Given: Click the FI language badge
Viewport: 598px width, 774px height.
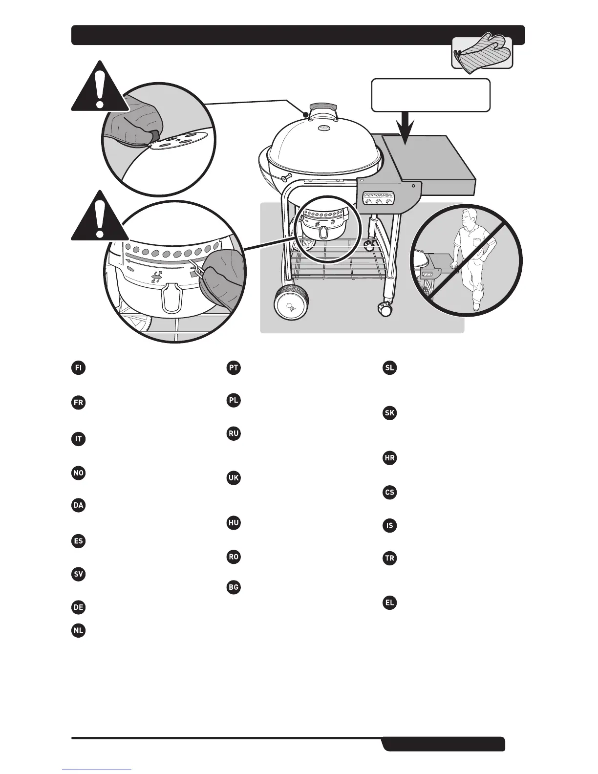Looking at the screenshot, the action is click(x=78, y=367).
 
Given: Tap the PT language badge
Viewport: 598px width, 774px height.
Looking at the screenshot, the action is click(x=234, y=367).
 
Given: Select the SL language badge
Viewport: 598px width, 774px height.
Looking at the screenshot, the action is click(x=389, y=367).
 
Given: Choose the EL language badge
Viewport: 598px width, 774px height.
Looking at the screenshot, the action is click(x=389, y=602).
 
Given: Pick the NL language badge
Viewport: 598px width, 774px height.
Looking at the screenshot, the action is click(x=78, y=630).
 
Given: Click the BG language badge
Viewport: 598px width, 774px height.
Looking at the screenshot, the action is click(x=234, y=586).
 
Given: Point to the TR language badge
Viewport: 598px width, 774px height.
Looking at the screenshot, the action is click(x=389, y=558).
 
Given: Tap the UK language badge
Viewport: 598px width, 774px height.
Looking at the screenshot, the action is click(x=234, y=477).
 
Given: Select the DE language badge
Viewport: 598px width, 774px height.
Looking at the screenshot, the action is click(x=78, y=607).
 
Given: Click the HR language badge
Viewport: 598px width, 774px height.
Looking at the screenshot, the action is click(x=389, y=458).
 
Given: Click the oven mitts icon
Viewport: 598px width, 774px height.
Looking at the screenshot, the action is click(x=482, y=53).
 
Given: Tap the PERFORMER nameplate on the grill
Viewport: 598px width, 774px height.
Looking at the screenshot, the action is click(x=379, y=196).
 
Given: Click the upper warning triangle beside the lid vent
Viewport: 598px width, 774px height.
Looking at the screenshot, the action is click(x=100, y=88).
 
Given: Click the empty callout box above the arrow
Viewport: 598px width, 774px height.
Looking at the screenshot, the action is click(x=431, y=95).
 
